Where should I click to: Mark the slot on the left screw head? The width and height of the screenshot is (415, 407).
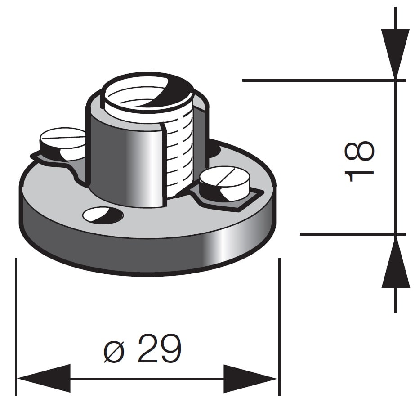coord(63,136)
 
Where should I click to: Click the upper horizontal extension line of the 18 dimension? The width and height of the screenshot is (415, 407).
coord(315,81)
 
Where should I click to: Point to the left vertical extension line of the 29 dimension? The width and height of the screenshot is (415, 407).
coord(16,315)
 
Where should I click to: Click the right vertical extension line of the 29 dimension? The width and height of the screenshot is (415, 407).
coord(279,315)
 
